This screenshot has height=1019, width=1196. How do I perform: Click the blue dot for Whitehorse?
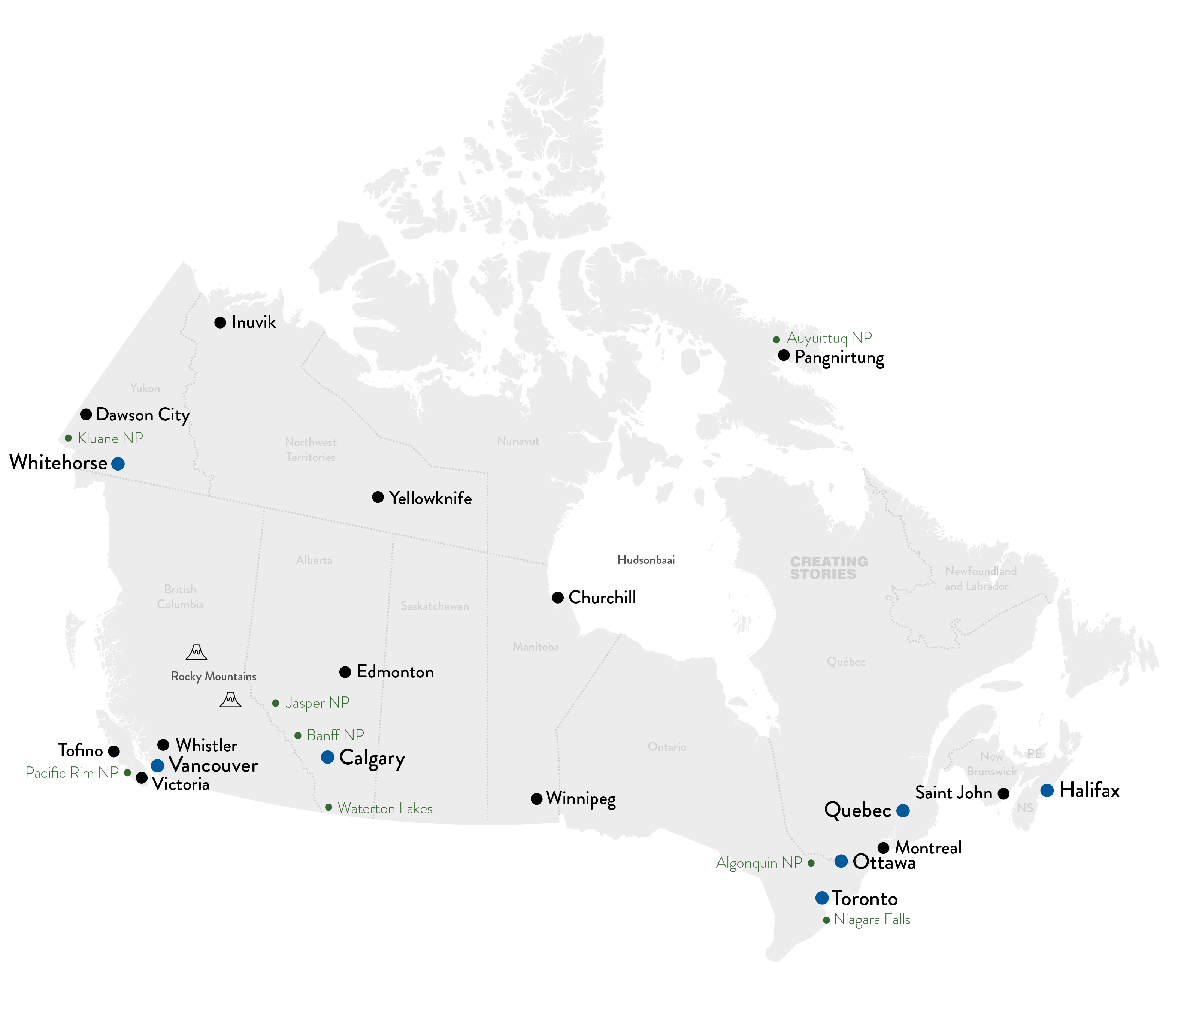[x=118, y=463]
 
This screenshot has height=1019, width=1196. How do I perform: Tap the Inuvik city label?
[x=254, y=322]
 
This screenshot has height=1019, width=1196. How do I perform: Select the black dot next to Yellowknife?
[x=378, y=497]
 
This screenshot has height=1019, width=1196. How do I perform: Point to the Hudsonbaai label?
[x=646, y=559]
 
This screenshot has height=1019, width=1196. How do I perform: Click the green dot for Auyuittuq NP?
[x=776, y=339]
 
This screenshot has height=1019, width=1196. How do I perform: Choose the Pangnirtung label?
[x=839, y=357]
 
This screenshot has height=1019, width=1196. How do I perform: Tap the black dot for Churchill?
[x=558, y=598]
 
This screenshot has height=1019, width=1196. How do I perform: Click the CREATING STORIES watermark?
[x=829, y=568]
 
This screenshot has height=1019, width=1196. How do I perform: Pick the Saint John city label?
[x=954, y=793]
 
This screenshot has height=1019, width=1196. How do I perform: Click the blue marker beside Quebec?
[x=903, y=811]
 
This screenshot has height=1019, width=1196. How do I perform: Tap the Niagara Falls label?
[x=872, y=920]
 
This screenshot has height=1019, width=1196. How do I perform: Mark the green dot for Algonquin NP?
[x=811, y=863]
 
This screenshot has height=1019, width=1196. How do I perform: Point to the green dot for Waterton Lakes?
[x=328, y=807]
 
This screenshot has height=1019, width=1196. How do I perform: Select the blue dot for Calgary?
[x=327, y=757]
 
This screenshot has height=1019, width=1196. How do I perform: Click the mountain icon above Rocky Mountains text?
[x=196, y=652]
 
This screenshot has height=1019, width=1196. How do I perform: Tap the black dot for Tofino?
[x=114, y=751]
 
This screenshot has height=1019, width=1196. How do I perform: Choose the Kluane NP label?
[x=110, y=438]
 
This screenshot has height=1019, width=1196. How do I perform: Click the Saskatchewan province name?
[x=435, y=606]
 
